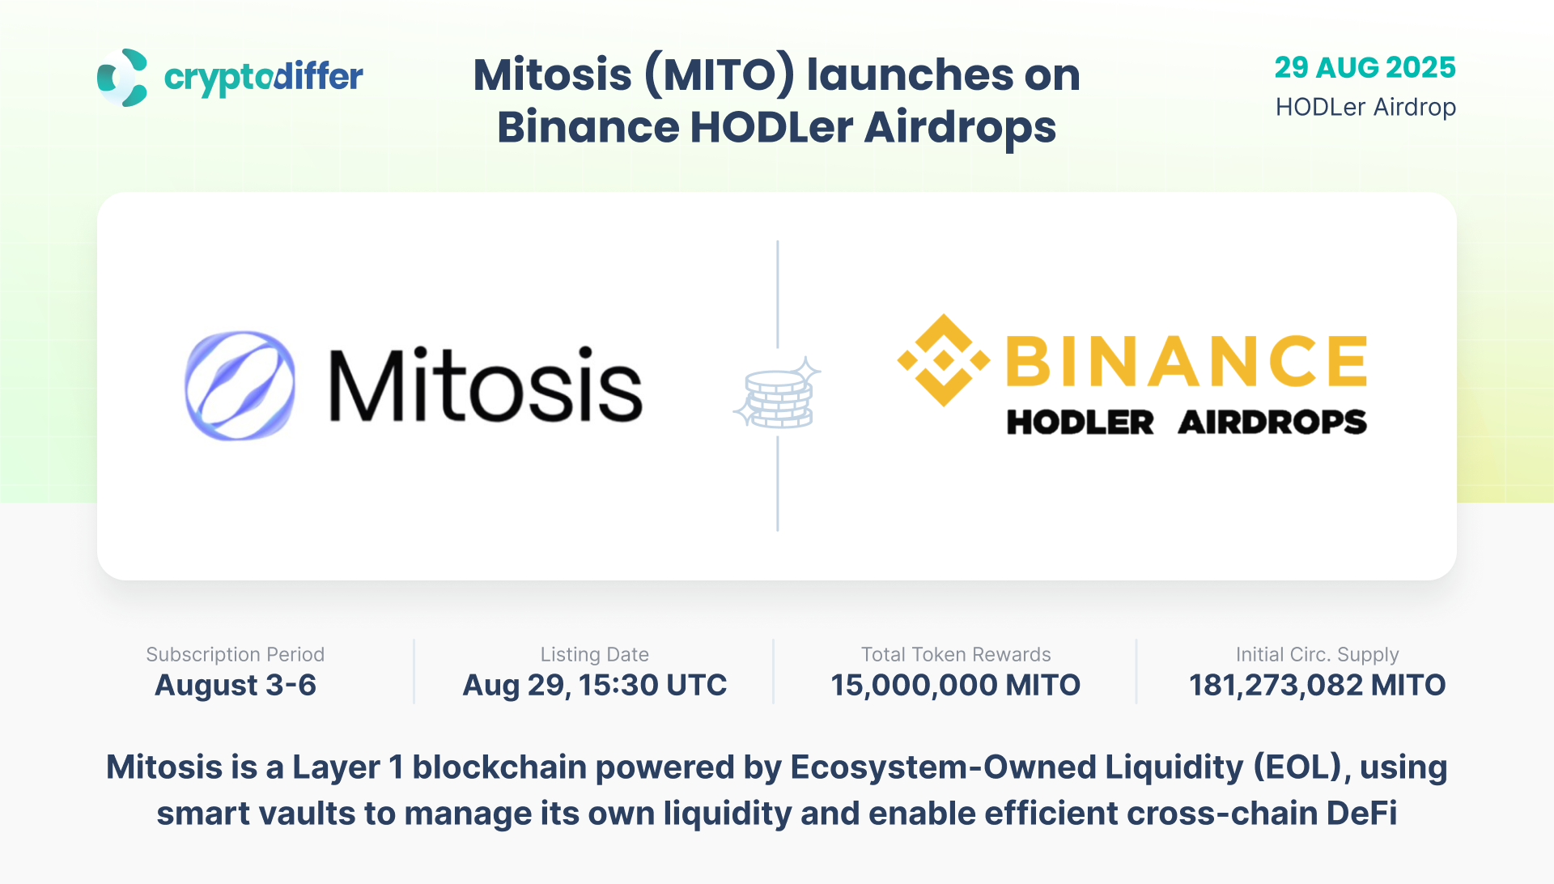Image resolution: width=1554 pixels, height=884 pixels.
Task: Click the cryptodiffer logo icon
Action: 122,78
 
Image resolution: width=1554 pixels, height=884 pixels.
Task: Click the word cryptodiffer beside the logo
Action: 264,78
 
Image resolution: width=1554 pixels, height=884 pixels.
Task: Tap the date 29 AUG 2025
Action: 1365,67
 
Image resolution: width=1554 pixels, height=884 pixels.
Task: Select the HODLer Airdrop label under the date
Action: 1366,107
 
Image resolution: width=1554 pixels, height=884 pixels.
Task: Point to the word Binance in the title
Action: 587,127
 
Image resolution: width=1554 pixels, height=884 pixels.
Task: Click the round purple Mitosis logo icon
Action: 240,385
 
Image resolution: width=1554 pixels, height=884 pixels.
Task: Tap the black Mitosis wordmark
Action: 486,385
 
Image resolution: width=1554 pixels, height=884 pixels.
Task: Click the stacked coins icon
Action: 777,393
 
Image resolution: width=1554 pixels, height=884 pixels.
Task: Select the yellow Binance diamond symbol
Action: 944,360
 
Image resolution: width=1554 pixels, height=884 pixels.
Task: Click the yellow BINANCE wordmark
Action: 1187,360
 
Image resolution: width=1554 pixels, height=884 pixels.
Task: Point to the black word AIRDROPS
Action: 1272,422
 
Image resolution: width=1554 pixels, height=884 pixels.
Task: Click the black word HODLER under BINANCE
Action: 1081,422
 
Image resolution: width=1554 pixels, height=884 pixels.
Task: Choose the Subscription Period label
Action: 236,654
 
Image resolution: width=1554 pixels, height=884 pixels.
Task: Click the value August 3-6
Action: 236,686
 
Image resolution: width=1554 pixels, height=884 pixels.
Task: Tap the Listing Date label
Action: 595,654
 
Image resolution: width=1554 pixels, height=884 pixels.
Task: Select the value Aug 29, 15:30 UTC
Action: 595,686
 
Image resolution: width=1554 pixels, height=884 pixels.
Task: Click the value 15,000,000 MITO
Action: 956,686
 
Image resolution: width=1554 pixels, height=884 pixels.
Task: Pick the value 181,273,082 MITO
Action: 1318,686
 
